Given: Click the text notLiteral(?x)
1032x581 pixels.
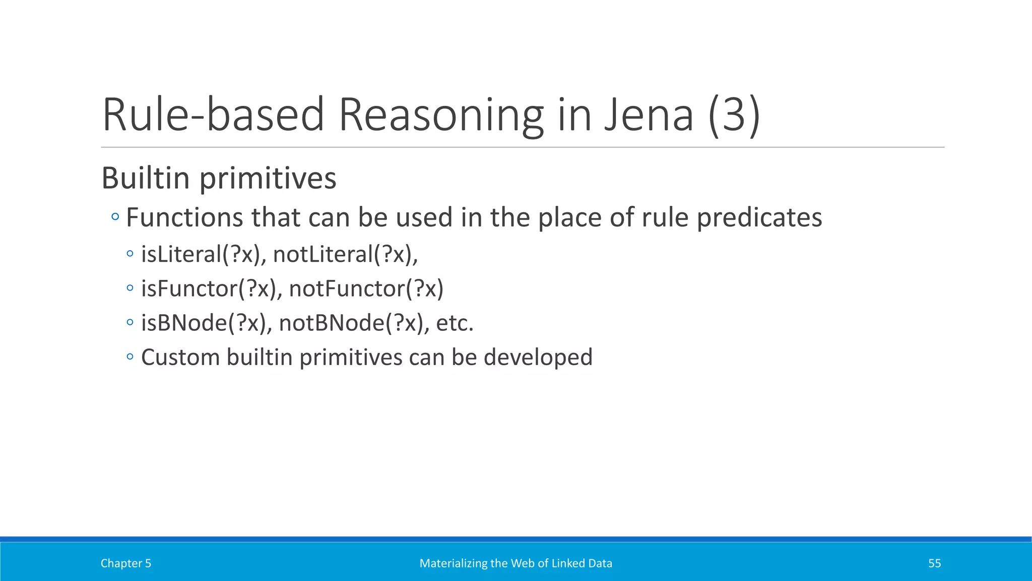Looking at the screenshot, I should pos(345,254).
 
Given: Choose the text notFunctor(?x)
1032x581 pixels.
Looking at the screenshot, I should pos(366,288).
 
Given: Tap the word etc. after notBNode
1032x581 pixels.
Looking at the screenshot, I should pos(455,323).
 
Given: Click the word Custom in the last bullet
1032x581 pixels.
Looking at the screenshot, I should pos(180,357).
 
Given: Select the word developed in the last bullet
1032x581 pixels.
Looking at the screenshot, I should pos(538,357).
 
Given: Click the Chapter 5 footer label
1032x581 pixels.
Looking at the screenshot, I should pos(125,563).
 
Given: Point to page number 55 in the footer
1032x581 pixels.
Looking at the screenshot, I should pos(934,563).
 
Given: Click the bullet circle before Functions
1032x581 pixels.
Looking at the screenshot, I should pos(115,217).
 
